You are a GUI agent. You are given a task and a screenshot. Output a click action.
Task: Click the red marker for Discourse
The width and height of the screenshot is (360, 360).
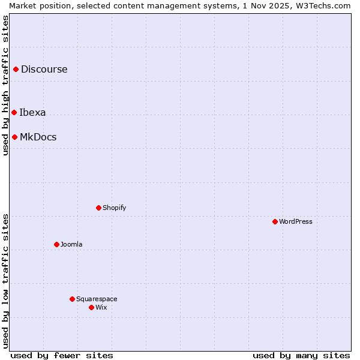pos(16,69)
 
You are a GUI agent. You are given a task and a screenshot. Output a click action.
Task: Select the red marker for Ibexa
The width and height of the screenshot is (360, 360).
pos(14,112)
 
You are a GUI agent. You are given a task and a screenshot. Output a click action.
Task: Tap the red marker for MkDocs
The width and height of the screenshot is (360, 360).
pos(14,137)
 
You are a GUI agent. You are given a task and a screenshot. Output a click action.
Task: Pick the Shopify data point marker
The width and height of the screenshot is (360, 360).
pos(98,208)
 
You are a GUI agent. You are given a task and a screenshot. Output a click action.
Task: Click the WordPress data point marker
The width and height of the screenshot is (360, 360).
pos(275,221)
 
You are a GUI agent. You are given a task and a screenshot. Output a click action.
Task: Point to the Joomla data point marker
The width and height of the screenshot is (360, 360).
pos(56,244)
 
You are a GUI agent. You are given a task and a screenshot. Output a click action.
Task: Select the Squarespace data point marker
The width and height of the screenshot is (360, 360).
pos(72,299)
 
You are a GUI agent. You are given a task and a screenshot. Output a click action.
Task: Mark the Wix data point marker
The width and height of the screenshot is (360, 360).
pos(91,307)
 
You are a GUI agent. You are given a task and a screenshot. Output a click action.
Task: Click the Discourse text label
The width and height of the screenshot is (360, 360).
pos(44,69)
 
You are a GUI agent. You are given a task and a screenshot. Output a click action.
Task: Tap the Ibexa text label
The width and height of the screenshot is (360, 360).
pos(32,112)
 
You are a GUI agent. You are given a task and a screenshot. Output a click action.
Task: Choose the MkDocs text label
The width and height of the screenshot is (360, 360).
pos(38,137)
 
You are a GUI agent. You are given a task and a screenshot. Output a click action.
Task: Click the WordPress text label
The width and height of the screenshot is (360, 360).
pos(296,221)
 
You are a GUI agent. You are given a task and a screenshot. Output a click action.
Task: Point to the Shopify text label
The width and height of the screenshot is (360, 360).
pos(115,208)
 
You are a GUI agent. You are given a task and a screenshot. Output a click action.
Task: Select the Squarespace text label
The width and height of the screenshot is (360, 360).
pos(97,299)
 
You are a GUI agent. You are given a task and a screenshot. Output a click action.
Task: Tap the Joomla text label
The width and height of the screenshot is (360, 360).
pos(71,244)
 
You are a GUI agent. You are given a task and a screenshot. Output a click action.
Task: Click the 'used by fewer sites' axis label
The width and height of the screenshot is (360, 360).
pos(62,355)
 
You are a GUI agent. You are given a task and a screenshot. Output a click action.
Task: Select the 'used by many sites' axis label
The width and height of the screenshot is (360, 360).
pos(301,355)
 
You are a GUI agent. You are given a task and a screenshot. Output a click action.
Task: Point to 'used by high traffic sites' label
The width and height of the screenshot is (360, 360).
pos(5,85)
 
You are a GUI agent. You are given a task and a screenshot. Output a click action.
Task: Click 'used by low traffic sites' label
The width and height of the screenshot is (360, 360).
pos(5,281)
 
